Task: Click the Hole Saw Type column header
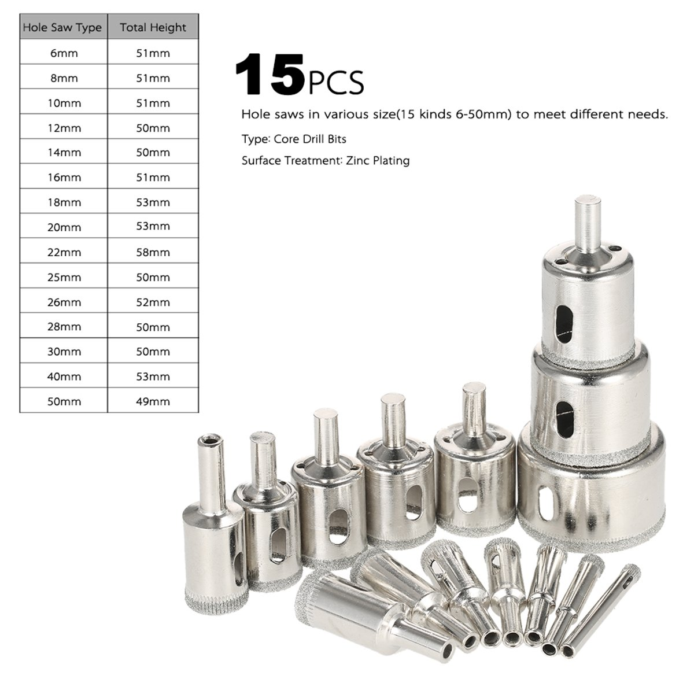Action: [x=62, y=27]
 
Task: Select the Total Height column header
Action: [x=153, y=27]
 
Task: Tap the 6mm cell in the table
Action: [x=64, y=53]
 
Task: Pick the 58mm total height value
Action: [x=153, y=252]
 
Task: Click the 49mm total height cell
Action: [x=153, y=401]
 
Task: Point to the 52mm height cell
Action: [x=153, y=302]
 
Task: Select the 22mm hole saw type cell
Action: [x=64, y=252]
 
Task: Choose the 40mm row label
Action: [x=64, y=376]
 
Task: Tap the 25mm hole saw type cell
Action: [x=64, y=277]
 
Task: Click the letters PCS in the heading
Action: [x=336, y=82]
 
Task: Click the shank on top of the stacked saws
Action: [x=587, y=223]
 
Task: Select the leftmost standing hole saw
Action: [x=214, y=520]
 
